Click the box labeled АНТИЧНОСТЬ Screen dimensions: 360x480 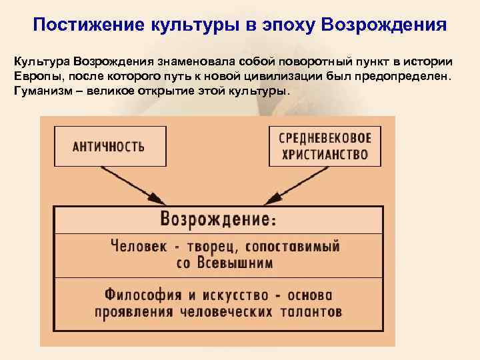(109, 147)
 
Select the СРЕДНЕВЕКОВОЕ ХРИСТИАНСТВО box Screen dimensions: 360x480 (325, 147)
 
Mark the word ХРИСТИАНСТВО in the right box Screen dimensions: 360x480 (325, 155)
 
